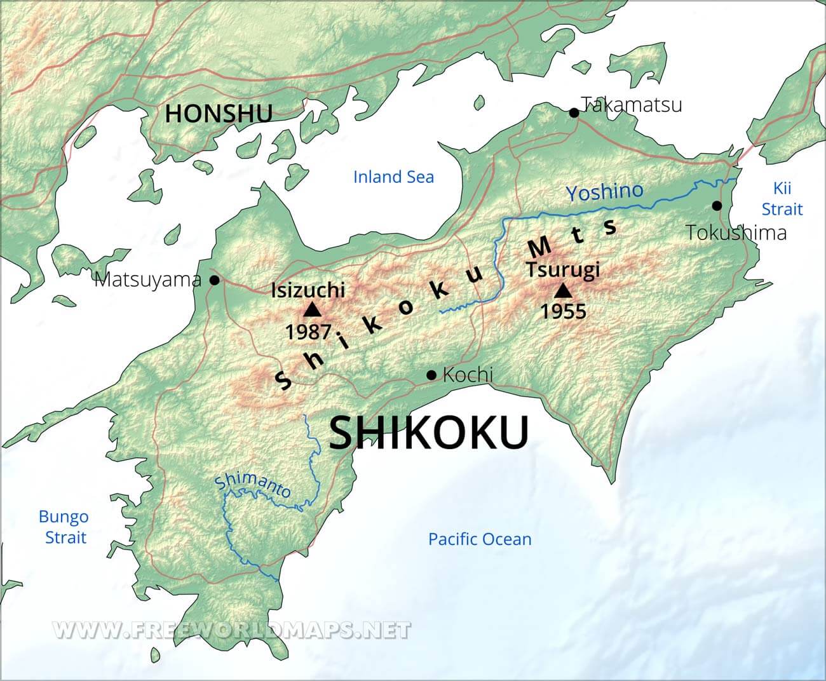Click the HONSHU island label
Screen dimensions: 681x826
(x=219, y=114)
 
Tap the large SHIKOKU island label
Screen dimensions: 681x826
(x=429, y=433)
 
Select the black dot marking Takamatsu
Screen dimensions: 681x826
(x=574, y=112)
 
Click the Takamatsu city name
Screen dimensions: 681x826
(x=632, y=104)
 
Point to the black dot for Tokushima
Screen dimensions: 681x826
(x=717, y=205)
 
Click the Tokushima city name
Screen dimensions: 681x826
(x=736, y=233)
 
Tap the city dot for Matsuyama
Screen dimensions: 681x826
(x=215, y=280)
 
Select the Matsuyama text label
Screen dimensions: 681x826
(x=147, y=280)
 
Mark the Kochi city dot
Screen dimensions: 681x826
(x=431, y=375)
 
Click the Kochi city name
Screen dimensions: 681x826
(x=468, y=375)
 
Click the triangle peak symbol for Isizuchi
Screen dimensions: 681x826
(x=312, y=310)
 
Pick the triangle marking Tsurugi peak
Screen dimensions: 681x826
(x=562, y=291)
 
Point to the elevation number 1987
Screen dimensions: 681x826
(x=308, y=332)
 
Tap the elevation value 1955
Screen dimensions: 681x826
(x=563, y=311)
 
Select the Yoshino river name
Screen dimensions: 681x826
(x=604, y=191)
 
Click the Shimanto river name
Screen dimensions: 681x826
(x=253, y=485)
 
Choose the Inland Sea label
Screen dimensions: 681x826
(x=393, y=177)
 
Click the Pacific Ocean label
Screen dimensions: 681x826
(x=480, y=539)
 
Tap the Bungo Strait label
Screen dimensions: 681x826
(x=64, y=527)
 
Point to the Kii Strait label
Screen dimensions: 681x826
(x=782, y=198)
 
